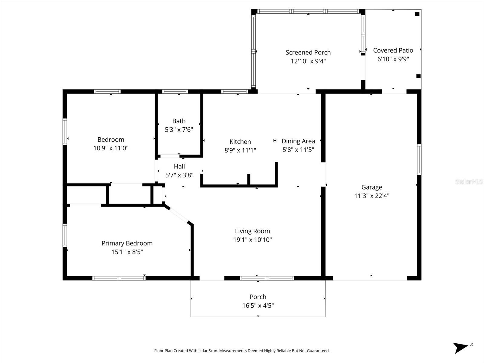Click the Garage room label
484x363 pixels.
click(371, 187)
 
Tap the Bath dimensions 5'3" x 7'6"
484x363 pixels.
click(179, 130)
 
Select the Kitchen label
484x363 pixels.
click(240, 142)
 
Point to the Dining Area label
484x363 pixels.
click(298, 141)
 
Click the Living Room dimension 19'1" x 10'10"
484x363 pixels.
click(252, 240)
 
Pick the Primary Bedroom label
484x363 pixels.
click(127, 243)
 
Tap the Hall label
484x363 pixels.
click(179, 166)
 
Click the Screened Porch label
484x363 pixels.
click(308, 52)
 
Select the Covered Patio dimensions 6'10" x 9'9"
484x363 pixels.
click(393, 59)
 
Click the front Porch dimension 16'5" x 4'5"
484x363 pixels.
click(258, 306)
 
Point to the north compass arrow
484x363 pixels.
click(460, 347)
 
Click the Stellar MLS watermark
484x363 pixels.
click(469, 182)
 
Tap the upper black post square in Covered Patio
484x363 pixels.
click(417, 14)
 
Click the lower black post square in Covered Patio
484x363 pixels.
click(418, 76)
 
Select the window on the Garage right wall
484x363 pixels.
click(419, 159)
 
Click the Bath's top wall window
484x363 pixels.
click(175, 91)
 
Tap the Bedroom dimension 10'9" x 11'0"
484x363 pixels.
click(111, 148)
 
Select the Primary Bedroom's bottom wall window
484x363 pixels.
click(119, 278)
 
